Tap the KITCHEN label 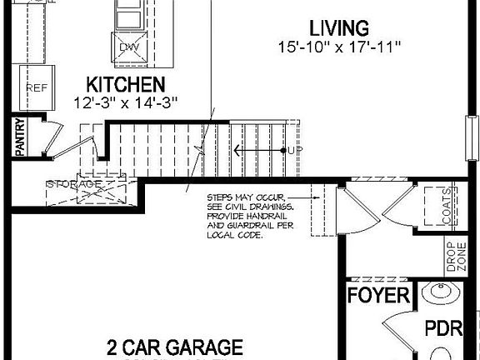click(126, 84)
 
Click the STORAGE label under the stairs click(74, 184)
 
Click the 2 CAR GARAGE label click(174, 347)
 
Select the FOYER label click(378, 296)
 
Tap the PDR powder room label click(443, 327)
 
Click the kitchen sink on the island click(128, 17)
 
